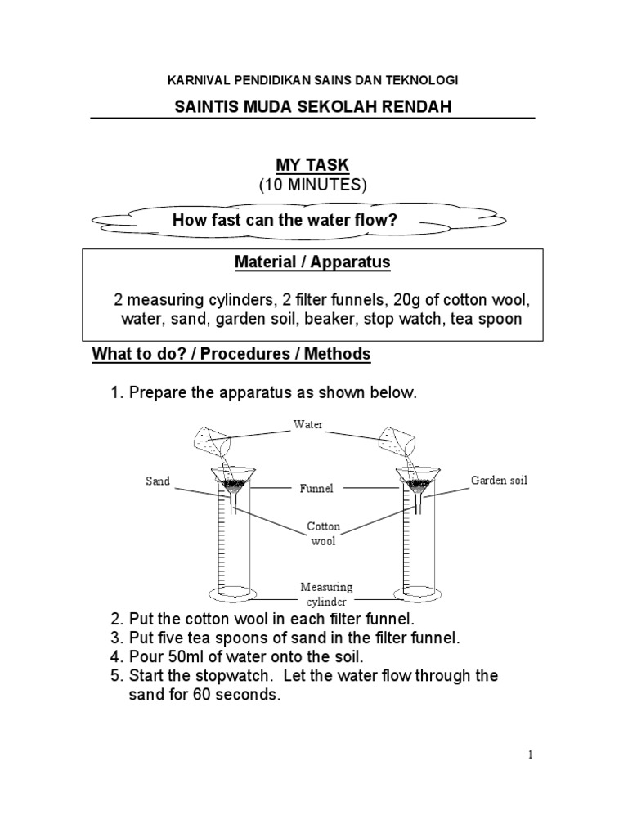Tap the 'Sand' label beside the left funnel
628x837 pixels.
point(158,481)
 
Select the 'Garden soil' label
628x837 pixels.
point(499,480)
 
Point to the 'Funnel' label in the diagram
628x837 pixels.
point(315,489)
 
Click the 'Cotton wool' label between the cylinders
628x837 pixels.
point(324,533)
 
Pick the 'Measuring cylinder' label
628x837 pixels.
point(326,594)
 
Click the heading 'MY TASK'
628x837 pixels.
point(312,166)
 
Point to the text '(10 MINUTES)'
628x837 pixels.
point(313,186)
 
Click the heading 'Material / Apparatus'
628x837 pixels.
point(312,262)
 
